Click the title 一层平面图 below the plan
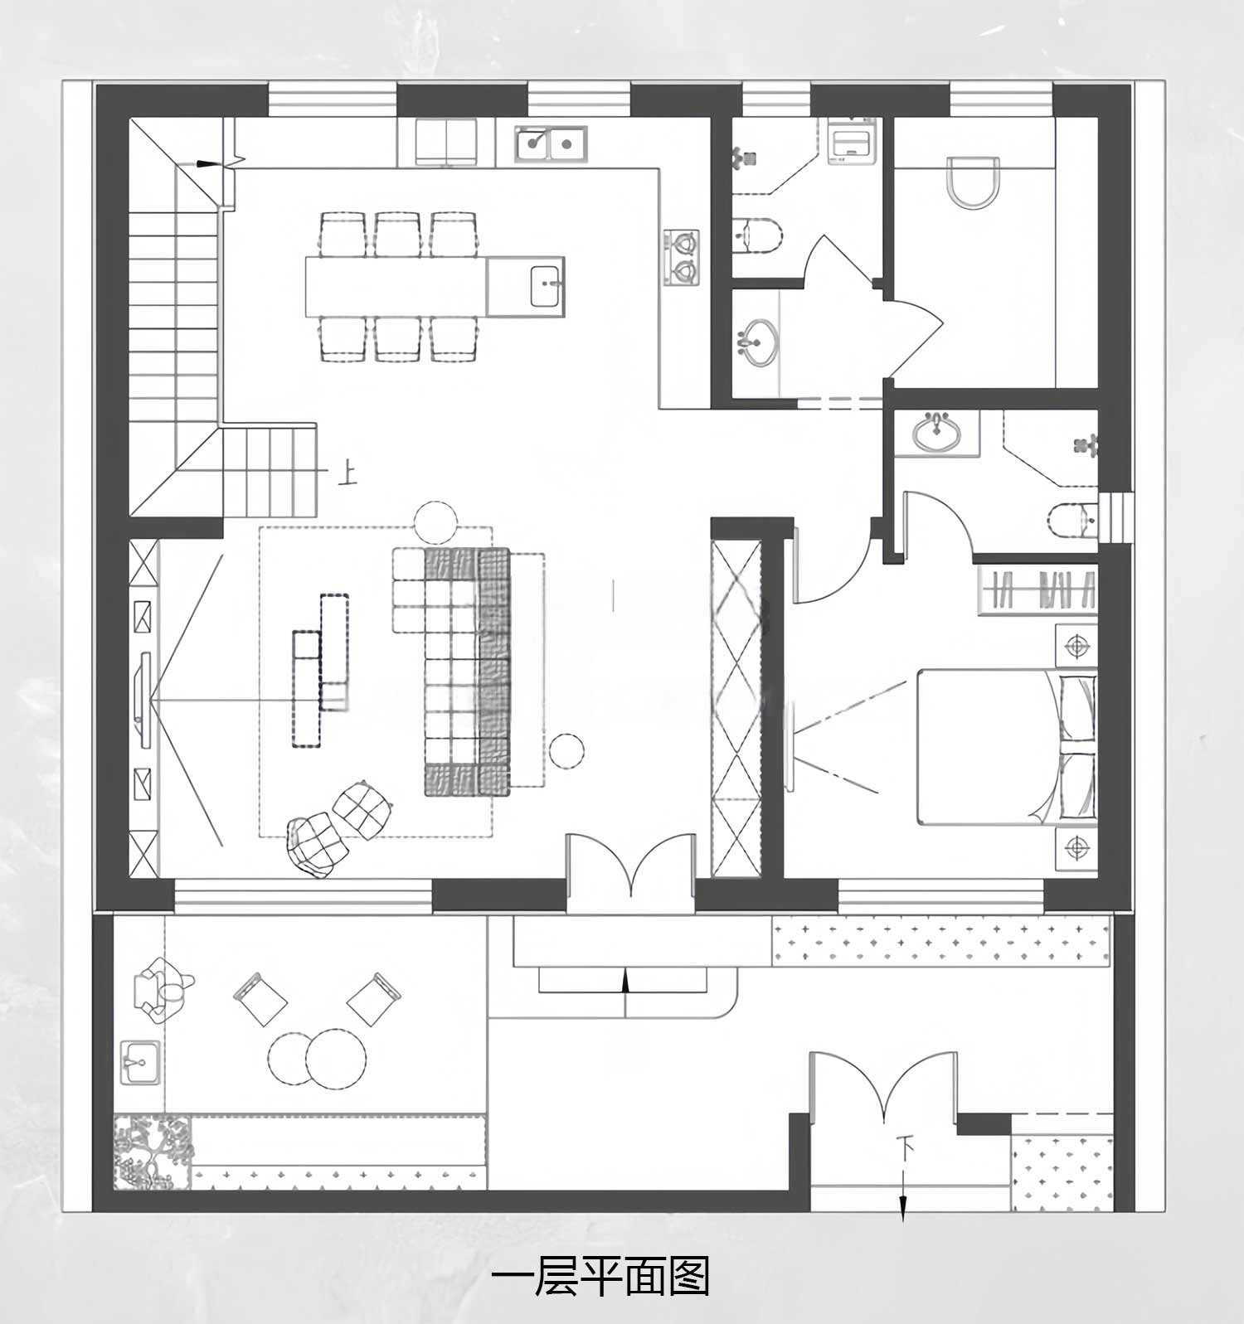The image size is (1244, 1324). (600, 1278)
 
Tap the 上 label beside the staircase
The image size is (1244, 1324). (347, 473)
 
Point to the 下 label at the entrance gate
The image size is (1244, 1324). (906, 1148)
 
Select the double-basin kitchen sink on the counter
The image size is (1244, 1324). (550, 143)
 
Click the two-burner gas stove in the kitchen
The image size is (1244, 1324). (681, 257)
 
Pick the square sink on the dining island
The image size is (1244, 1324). (545, 286)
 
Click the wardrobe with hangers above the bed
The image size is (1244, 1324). (1038, 590)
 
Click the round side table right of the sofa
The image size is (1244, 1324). (566, 750)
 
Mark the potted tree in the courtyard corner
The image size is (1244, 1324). (153, 1151)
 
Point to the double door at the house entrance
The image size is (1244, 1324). (631, 864)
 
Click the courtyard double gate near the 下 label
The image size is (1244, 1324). (884, 1084)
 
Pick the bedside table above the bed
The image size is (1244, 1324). (1076, 646)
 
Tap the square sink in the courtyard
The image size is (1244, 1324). (140, 1062)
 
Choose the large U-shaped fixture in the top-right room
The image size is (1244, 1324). (973, 182)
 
